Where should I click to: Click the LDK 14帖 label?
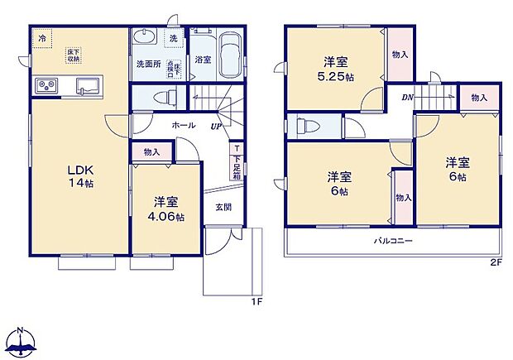tap(80, 177)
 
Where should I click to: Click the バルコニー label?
tap(392, 241)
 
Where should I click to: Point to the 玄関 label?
tap(223, 208)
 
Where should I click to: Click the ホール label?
tap(183, 125)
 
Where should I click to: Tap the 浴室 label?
tap(202, 60)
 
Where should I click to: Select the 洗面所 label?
tap(148, 64)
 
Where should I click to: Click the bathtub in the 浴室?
tap(228, 53)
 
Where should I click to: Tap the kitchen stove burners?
tap(45, 86)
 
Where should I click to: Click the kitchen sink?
tap(87, 86)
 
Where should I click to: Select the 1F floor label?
tap(256, 301)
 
